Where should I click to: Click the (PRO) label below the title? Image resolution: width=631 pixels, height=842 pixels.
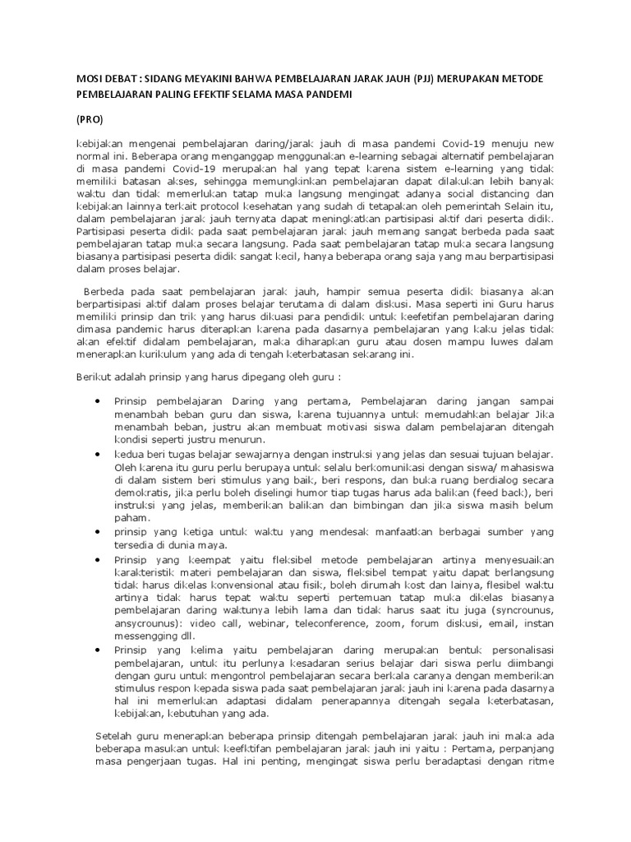[x=90, y=119]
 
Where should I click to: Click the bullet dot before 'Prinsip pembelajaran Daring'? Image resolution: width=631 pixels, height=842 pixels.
[x=96, y=400]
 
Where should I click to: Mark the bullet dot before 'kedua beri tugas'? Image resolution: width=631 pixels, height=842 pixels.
[x=96, y=453]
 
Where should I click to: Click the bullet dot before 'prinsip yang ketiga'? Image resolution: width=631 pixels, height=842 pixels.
[x=96, y=532]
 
